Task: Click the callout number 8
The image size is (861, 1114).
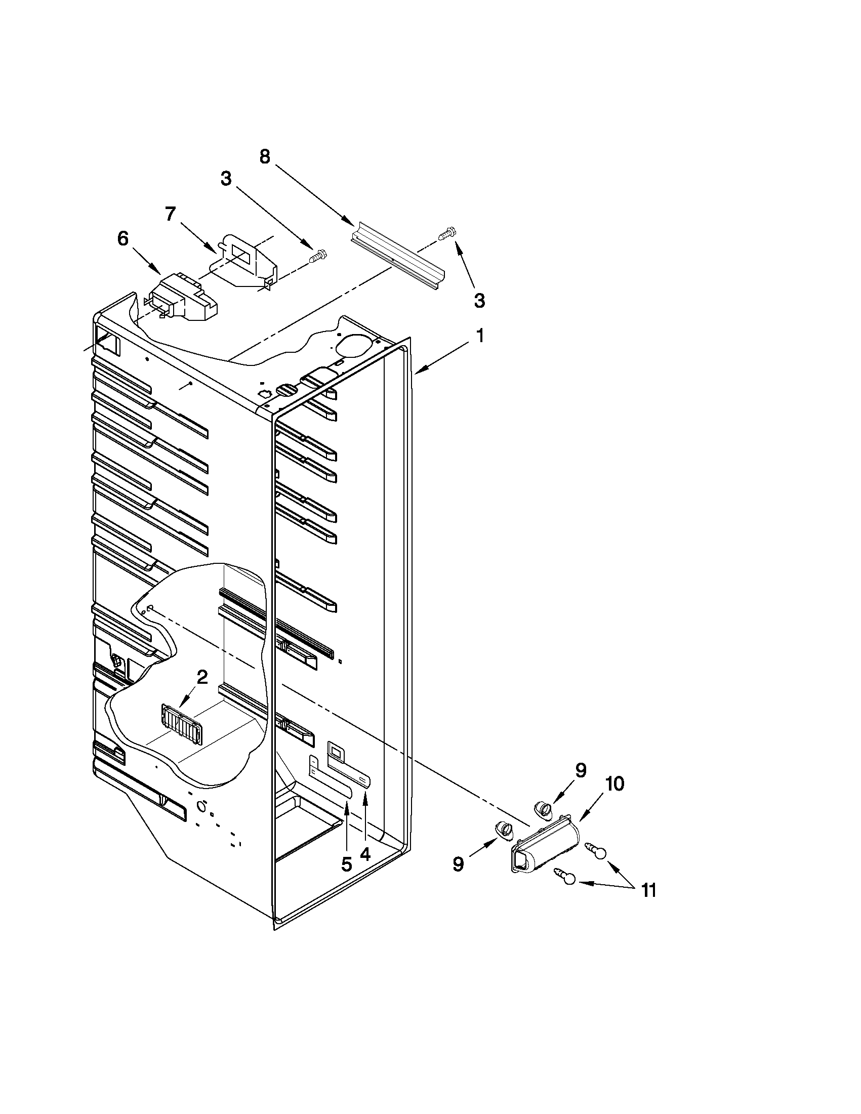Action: (265, 156)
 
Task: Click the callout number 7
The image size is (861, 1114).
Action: (170, 215)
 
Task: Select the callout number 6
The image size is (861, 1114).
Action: (123, 239)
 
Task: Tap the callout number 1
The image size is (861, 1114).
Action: (479, 336)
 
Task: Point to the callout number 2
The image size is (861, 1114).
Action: (202, 677)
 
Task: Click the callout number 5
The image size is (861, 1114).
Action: (346, 864)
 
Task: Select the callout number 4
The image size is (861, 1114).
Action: (365, 853)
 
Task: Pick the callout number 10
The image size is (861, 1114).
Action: (615, 784)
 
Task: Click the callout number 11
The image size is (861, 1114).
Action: (648, 891)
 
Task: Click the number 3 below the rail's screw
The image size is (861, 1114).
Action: (479, 301)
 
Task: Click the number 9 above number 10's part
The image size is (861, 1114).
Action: (581, 770)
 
